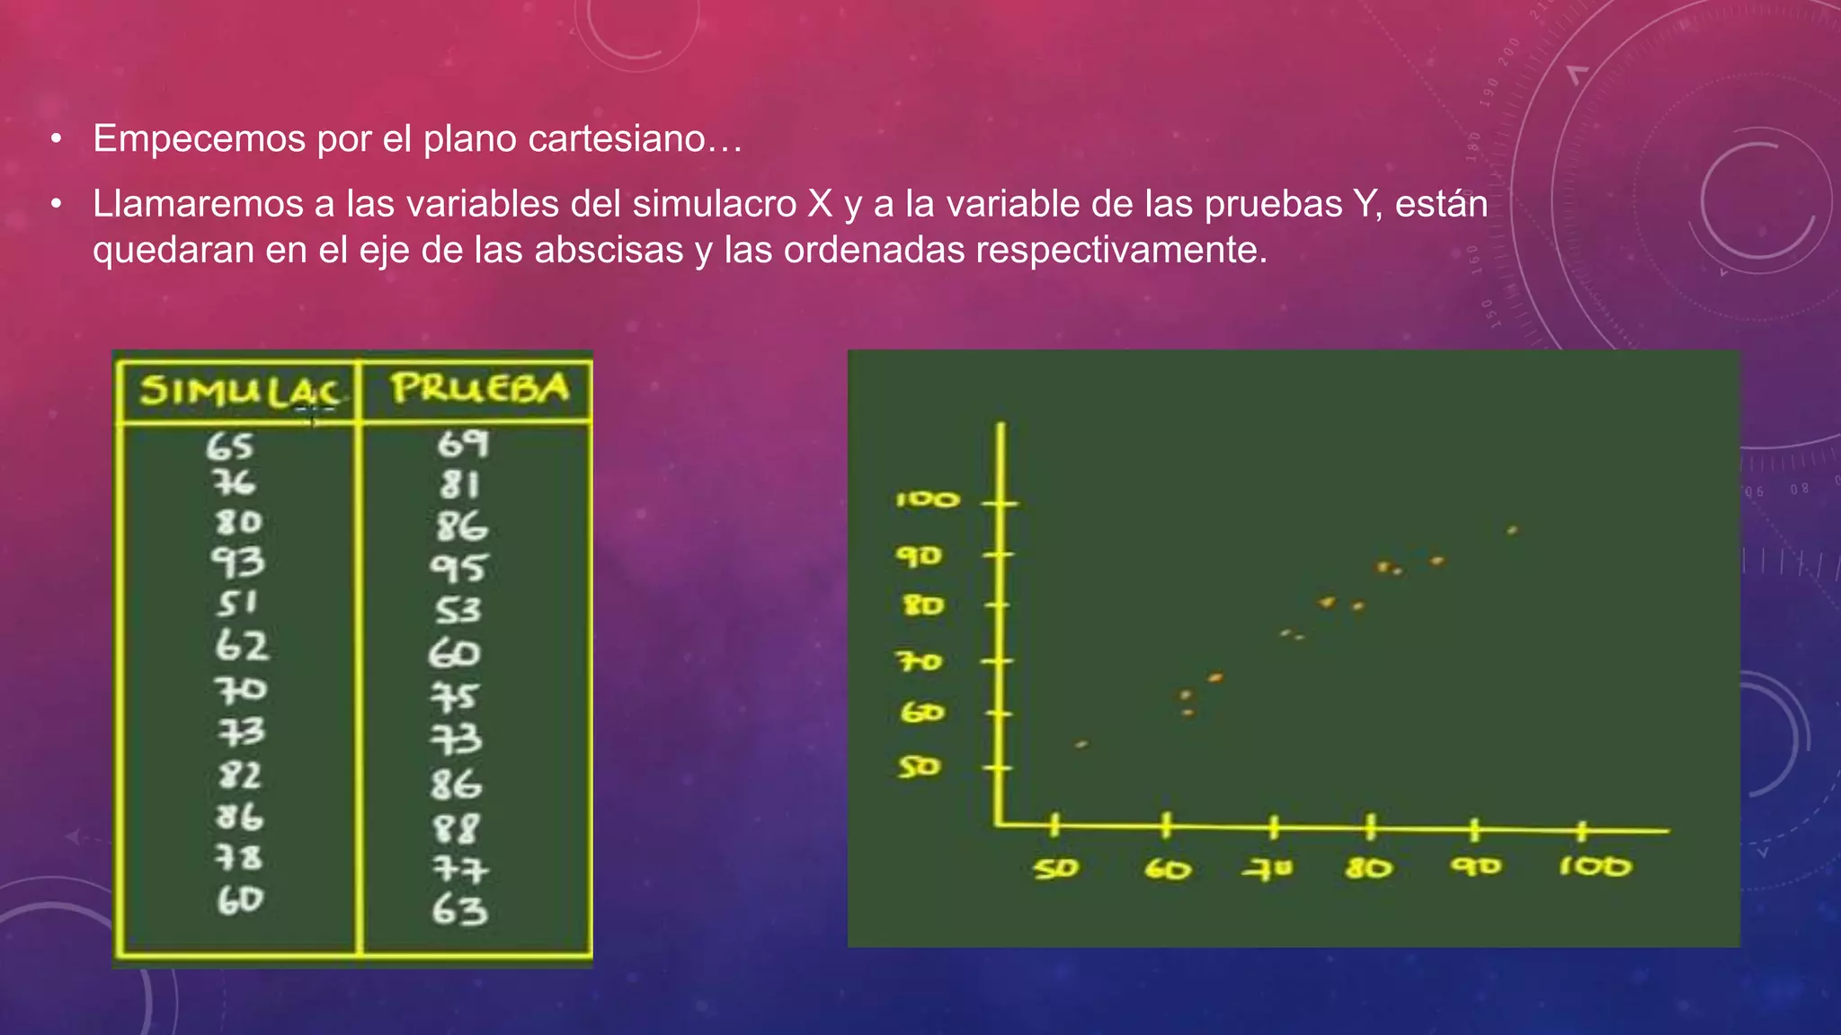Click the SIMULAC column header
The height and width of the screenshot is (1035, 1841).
coord(239,391)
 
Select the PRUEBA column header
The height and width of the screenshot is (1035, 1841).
coord(479,388)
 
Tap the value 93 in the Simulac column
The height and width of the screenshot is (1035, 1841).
coord(238,562)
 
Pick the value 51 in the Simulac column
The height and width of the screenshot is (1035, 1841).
coord(236,604)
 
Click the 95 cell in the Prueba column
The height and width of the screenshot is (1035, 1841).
coord(458,568)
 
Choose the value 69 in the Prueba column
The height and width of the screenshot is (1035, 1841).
coord(462,444)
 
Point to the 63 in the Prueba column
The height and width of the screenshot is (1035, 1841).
coord(459,910)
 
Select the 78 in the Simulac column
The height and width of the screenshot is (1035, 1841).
coord(238,858)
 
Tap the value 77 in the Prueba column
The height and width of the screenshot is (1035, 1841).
coord(459,869)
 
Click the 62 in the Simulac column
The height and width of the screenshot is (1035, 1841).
coord(241,646)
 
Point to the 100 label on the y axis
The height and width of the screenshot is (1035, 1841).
coord(927,500)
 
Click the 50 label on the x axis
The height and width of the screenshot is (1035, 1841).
coord(1055,869)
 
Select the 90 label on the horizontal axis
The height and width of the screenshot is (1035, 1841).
coord(1475,867)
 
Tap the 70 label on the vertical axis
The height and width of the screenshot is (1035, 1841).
coord(920,662)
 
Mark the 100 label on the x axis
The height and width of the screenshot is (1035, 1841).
coord(1594,867)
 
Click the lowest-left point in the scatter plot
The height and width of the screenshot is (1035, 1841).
coord(1081,745)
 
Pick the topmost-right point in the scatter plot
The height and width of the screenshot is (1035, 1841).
coord(1512,531)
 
